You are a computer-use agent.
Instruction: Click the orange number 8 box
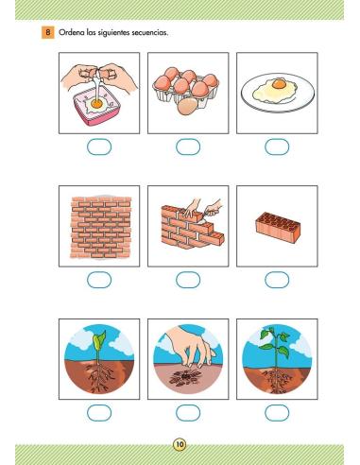(47, 32)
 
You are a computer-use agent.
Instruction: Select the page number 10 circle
(180, 444)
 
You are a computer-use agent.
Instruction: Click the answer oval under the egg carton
(188, 146)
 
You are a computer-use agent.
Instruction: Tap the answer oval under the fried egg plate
(277, 146)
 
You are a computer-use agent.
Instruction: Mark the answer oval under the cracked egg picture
(99, 146)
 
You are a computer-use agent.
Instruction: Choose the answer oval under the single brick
(277, 280)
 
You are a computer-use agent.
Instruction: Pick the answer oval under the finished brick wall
(99, 280)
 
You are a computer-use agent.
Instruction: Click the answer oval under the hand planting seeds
(188, 413)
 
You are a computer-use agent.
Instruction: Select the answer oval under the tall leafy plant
(277, 413)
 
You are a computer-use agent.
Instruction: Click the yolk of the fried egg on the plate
(279, 84)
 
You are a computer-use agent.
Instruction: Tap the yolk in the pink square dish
(97, 103)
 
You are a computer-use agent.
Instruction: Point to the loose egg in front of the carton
(187, 106)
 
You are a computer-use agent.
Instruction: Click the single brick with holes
(278, 227)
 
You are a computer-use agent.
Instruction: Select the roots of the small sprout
(100, 377)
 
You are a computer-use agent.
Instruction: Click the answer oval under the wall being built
(188, 280)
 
